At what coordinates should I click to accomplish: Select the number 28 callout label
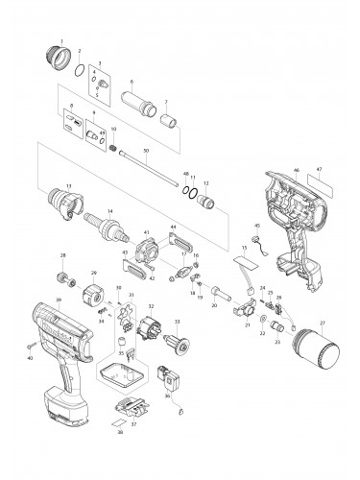click(63, 255)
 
